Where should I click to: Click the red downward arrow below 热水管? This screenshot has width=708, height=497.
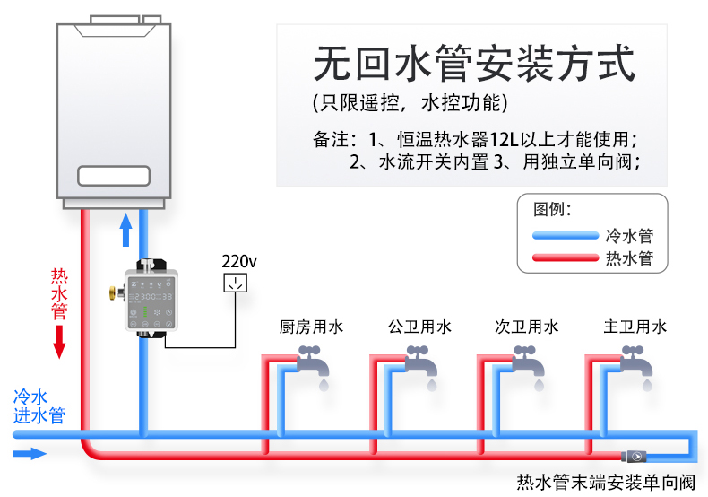click(59, 341)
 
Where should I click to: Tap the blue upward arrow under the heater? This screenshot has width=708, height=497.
click(125, 231)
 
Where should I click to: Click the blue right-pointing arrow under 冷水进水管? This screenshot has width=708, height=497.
click(30, 454)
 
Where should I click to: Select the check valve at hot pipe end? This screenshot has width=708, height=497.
click(635, 456)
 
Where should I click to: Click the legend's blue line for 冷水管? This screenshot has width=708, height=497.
click(565, 236)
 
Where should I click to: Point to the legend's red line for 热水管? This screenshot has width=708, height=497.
click(565, 258)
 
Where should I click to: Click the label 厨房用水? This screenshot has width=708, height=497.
click(311, 327)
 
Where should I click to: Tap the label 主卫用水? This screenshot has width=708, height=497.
click(635, 327)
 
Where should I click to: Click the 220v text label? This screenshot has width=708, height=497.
click(239, 261)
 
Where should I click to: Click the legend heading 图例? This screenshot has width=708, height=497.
click(552, 210)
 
